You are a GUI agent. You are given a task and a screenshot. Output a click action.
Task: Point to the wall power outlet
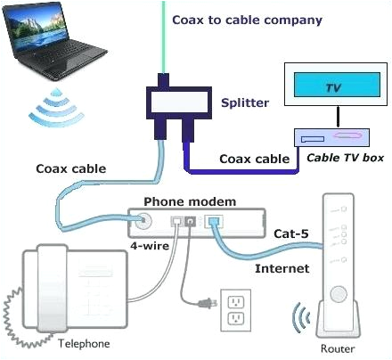tap(236, 311)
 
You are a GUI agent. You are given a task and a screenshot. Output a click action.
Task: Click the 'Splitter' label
tap(245, 102)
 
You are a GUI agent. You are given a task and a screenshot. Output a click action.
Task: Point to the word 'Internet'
tap(282, 267)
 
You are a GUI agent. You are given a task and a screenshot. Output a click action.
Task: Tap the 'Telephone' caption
tap(83, 343)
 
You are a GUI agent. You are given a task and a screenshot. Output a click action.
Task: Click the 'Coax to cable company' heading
tap(247, 20)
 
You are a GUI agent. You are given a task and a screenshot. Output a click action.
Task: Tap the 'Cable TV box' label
tap(344, 158)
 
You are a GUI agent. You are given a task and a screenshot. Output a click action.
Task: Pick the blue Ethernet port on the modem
tap(215, 223)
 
